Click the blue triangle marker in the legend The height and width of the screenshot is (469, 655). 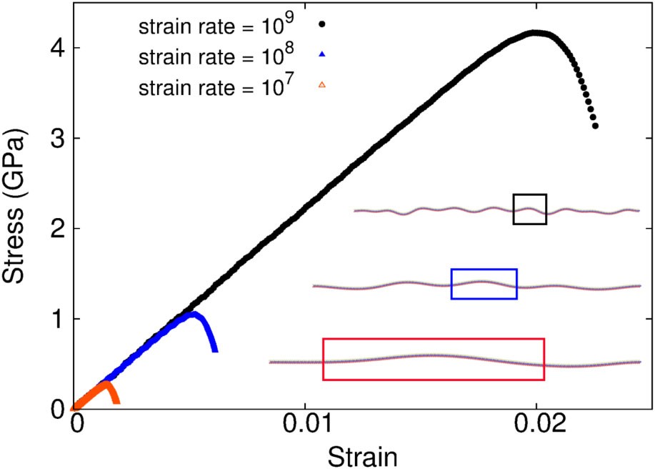(x=321, y=54)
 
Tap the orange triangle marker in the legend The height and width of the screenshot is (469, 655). (x=321, y=85)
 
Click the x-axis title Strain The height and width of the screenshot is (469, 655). (x=361, y=455)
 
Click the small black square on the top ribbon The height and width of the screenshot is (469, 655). (x=529, y=209)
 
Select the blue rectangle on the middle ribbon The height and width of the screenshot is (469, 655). (x=484, y=284)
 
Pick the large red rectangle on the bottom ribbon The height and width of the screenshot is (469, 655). (x=434, y=359)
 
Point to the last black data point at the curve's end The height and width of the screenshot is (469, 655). (x=595, y=126)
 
